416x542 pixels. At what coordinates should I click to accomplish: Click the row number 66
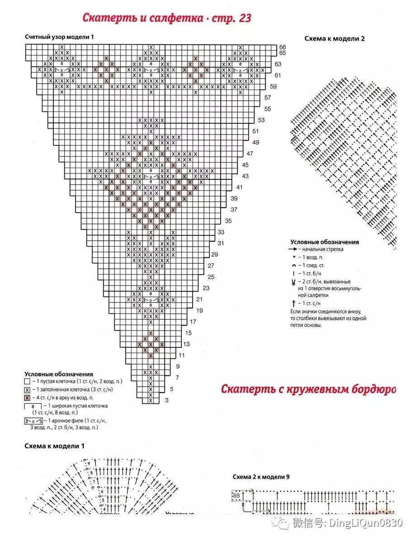tap(283, 47)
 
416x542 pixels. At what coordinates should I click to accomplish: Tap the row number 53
tap(261, 120)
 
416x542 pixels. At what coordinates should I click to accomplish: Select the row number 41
tap(240, 187)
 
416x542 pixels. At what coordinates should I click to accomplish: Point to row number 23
tap(206, 288)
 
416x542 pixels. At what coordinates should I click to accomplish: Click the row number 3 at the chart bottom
tap(166, 400)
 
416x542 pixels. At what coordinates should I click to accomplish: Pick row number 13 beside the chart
tap(186, 344)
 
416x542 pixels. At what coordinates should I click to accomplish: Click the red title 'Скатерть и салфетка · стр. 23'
tap(166, 18)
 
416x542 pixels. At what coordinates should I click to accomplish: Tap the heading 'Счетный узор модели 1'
tap(59, 37)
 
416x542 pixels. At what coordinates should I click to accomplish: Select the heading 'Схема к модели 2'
tap(334, 38)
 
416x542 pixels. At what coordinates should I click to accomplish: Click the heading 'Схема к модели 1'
tap(54, 446)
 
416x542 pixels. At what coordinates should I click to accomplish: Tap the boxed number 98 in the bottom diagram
tap(237, 495)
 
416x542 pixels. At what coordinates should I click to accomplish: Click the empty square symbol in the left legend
tap(27, 381)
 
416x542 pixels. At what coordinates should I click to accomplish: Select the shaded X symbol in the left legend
tap(27, 397)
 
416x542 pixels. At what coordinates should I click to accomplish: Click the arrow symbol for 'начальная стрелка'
tap(294, 249)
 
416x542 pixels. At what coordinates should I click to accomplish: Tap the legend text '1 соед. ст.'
tap(312, 266)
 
